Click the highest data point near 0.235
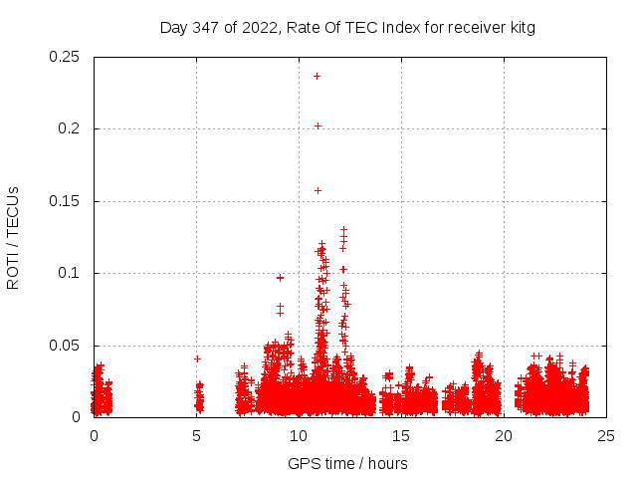click(318, 76)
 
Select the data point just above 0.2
click(318, 125)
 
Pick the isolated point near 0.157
click(318, 190)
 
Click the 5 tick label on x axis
click(196, 435)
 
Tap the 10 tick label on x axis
click(299, 435)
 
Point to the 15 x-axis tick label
click(401, 435)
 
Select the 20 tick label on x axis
click(504, 435)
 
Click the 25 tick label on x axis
click(606, 435)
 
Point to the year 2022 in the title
click(259, 27)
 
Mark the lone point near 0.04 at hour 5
click(197, 358)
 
